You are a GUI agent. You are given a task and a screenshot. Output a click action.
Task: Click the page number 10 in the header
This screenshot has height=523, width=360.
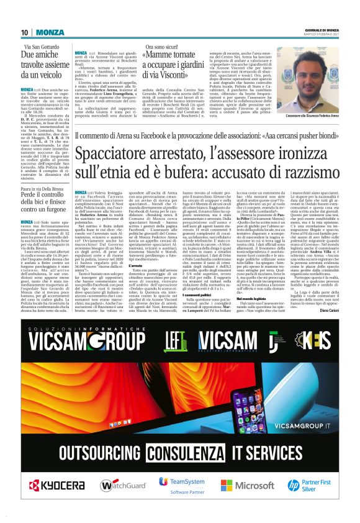(x=24, y=32)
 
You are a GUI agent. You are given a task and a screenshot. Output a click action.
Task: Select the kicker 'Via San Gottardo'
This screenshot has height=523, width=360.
(x=45, y=47)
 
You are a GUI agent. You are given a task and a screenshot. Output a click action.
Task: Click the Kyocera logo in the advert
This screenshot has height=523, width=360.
(x=55, y=484)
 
